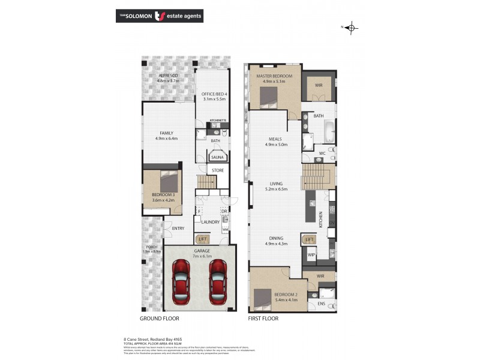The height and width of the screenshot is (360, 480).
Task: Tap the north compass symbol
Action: pos(352,28)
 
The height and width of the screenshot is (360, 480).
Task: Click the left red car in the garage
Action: pos(181,283)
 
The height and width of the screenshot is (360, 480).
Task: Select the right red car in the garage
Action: pos(217,283)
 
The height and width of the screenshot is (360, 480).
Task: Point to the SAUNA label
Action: pos(217,157)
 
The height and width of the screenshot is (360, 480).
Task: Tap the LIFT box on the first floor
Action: pos(309,239)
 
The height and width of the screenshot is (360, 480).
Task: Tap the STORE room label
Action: pos(218,170)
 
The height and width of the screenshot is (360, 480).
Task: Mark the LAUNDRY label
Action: pos(210,222)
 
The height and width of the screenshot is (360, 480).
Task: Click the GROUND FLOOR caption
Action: pos(159,319)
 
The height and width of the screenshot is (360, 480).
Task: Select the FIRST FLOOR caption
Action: pos(263,319)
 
